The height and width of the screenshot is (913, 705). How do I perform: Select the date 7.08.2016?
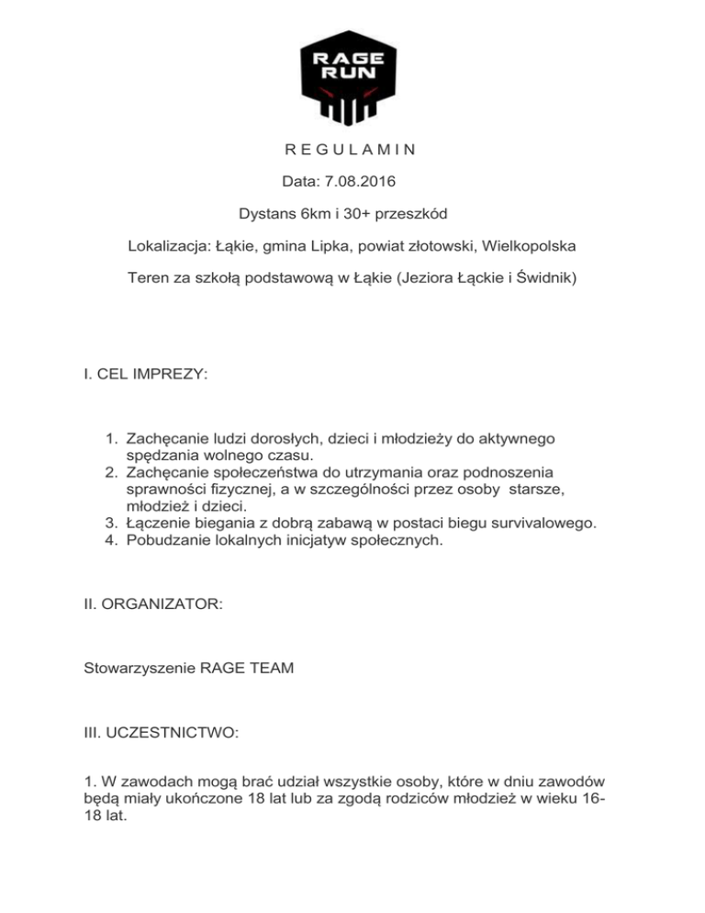point(362,182)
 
